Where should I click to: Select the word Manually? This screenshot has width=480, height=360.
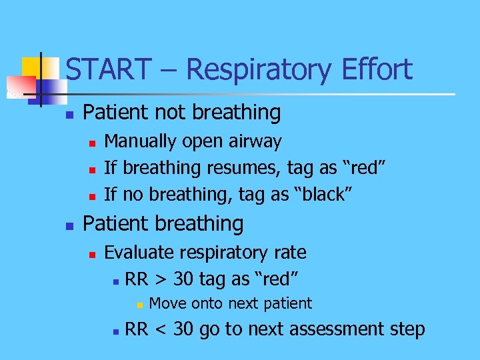(141, 141)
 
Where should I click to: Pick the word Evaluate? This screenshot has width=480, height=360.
(140, 253)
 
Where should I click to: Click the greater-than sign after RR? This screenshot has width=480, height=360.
(161, 277)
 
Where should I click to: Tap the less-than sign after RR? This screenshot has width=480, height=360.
(161, 329)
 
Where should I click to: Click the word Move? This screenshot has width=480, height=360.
(167, 304)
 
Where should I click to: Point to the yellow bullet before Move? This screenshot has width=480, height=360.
(138, 305)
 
